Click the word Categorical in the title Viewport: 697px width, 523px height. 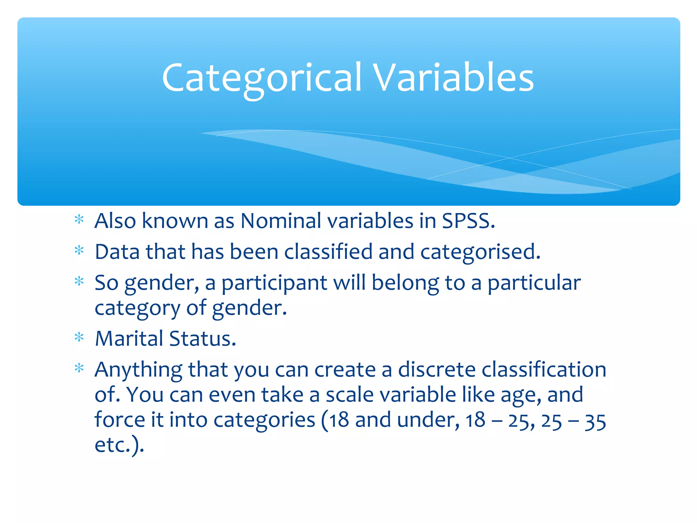click(x=261, y=78)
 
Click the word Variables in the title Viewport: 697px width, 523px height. click(x=453, y=78)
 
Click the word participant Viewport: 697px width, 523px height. click(x=274, y=283)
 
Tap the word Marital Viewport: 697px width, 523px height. click(x=129, y=338)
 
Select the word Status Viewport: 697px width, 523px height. click(x=202, y=338)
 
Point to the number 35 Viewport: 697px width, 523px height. click(x=595, y=422)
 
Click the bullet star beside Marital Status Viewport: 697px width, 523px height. click(x=79, y=337)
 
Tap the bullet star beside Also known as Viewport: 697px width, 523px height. click(x=79, y=220)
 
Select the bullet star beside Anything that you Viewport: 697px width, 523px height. click(x=79, y=368)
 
